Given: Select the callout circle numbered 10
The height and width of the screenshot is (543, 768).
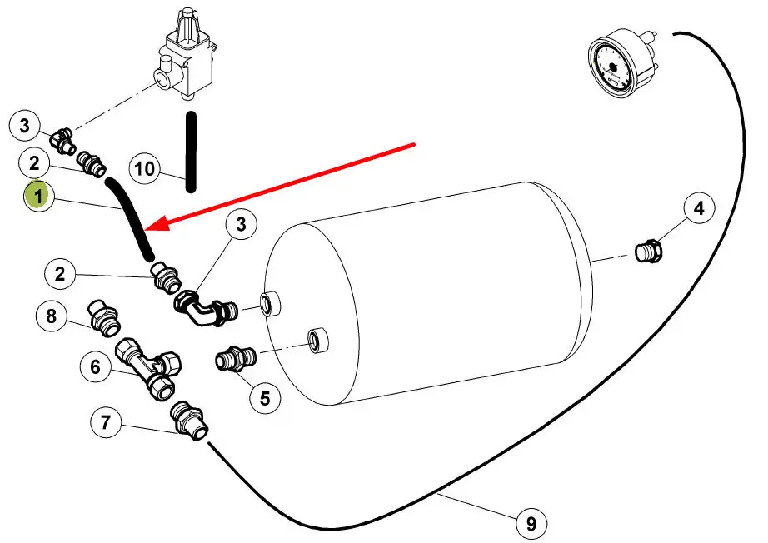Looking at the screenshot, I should click(x=145, y=170).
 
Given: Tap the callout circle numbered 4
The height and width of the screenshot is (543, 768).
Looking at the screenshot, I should click(x=699, y=208).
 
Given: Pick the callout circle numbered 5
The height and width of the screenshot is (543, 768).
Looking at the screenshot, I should click(x=265, y=398).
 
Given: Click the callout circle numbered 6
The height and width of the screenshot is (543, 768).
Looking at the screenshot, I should click(x=95, y=366).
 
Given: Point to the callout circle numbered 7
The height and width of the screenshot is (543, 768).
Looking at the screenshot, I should click(x=105, y=423).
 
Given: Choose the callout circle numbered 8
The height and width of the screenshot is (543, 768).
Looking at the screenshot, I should click(x=51, y=316).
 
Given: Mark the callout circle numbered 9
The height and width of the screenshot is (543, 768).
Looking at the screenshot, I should click(x=531, y=523).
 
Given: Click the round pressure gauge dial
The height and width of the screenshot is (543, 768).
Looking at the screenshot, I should click(x=615, y=68).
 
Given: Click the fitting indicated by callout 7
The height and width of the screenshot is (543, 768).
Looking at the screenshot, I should click(x=189, y=421).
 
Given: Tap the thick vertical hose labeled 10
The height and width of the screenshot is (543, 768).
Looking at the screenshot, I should click(x=191, y=150).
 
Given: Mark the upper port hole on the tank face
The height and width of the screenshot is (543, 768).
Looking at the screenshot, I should click(x=269, y=304).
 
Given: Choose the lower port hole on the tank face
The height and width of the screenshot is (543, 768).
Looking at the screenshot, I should click(x=317, y=340).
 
